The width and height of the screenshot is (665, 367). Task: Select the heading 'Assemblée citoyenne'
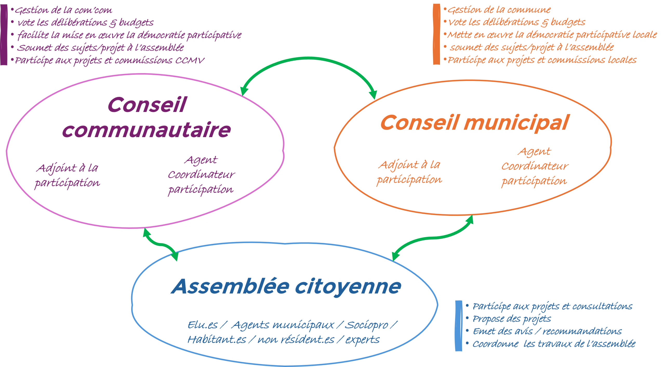[x=286, y=287]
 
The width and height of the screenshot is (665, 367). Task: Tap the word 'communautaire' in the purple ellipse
[x=146, y=130]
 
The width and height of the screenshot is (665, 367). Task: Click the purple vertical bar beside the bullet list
[x=4, y=35]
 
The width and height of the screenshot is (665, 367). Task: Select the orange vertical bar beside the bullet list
[x=436, y=34]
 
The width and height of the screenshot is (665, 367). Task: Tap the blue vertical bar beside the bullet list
[x=458, y=326]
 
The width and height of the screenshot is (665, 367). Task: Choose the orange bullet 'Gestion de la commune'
[x=499, y=10]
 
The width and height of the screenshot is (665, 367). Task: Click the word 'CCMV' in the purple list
[x=189, y=61]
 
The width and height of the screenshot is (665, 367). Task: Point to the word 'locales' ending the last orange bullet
[x=622, y=60]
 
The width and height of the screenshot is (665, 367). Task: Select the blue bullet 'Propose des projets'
[x=511, y=319]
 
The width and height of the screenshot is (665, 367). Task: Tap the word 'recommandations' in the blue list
[x=582, y=331]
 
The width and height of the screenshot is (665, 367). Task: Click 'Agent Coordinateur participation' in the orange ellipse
[x=535, y=166]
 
